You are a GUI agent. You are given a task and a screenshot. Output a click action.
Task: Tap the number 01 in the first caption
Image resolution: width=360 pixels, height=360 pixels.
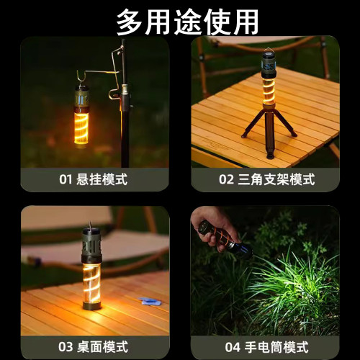tap(66, 179)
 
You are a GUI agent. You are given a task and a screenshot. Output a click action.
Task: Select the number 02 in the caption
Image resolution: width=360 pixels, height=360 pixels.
tap(227, 179)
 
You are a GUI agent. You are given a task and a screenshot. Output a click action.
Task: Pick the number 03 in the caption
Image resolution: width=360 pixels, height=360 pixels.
tap(66, 347)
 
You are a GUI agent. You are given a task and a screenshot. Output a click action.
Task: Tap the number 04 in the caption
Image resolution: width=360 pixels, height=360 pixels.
tap(232, 347)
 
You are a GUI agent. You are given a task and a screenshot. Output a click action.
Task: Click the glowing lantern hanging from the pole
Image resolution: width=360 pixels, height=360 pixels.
tap(81, 115)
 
